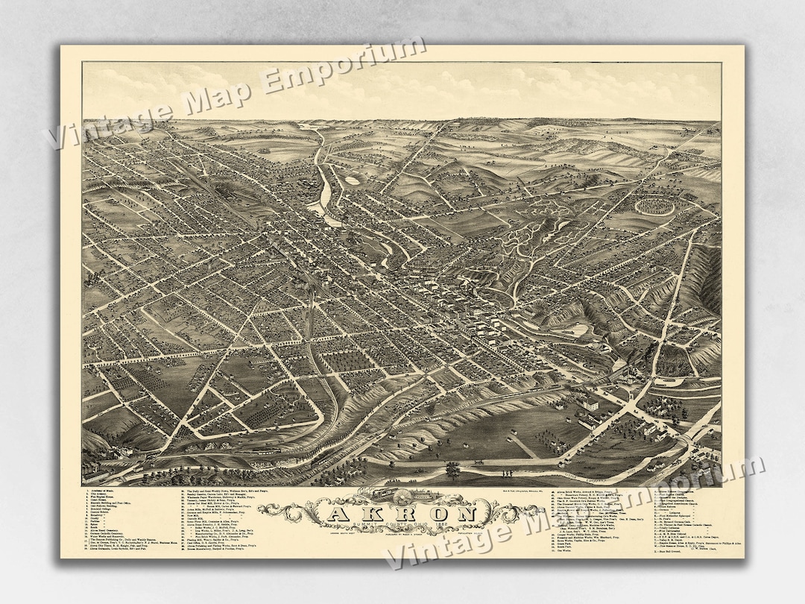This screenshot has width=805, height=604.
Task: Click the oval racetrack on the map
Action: click(655, 204)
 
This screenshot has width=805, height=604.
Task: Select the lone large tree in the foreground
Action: click(452, 471)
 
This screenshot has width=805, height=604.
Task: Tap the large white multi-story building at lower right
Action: click(589, 403)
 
